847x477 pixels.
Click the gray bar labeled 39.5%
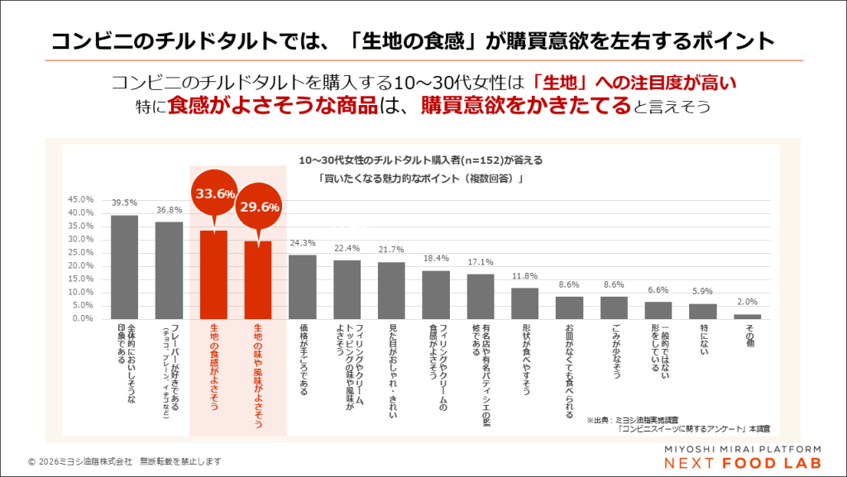pyautogui.click(x=124, y=266)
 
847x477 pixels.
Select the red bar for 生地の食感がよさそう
pyautogui.click(x=213, y=274)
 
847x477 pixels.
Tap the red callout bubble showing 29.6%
pyautogui.click(x=259, y=207)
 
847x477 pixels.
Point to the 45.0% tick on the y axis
pyautogui.click(x=81, y=199)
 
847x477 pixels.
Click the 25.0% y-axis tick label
pyautogui.click(x=81, y=252)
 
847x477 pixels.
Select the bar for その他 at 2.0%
pyautogui.click(x=748, y=316)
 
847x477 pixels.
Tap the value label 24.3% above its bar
pyautogui.click(x=303, y=244)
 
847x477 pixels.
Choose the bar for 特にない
pyautogui.click(x=703, y=311)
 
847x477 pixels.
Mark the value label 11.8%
pyautogui.click(x=525, y=277)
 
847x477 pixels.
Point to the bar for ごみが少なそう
pyautogui.click(x=614, y=307)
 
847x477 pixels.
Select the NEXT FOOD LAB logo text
pyautogui.click(x=731, y=463)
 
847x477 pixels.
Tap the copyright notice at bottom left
pyautogui.click(x=124, y=461)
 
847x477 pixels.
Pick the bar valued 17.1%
pyautogui.click(x=481, y=296)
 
